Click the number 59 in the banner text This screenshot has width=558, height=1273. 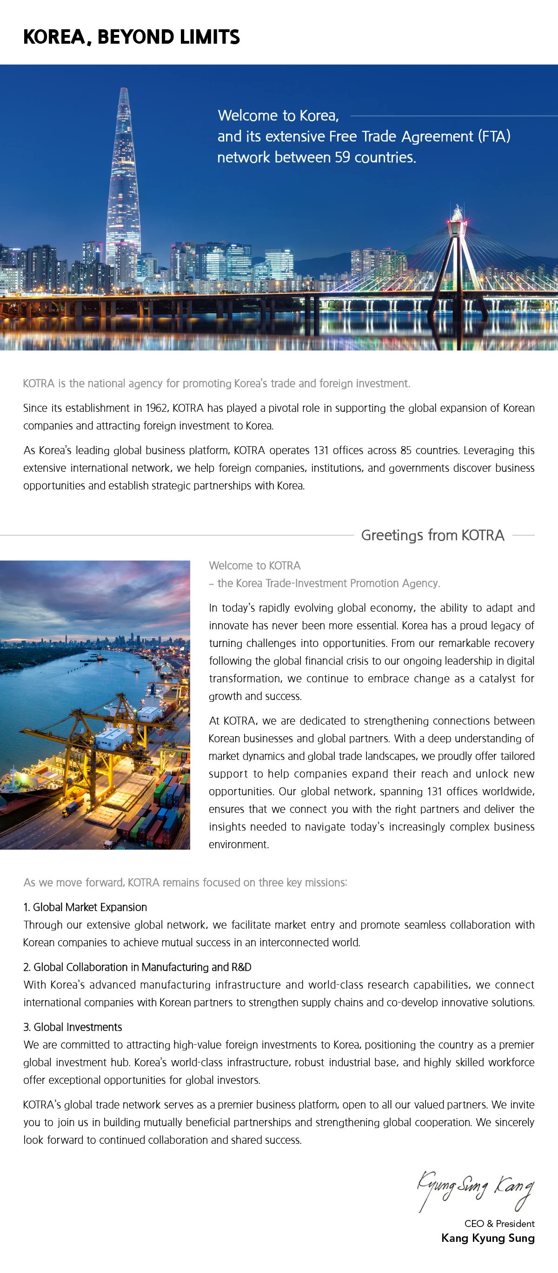(342, 157)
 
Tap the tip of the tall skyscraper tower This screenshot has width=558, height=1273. (124, 89)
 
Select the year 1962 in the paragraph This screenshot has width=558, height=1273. (156, 408)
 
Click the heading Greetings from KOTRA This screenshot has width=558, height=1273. (432, 535)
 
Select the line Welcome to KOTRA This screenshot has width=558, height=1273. (254, 565)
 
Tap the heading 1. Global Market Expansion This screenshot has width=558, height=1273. (85, 907)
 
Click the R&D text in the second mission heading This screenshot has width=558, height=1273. (241, 967)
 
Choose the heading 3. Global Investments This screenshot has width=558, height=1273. (73, 1027)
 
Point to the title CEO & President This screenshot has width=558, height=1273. (499, 1224)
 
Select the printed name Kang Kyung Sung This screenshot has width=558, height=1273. (488, 1238)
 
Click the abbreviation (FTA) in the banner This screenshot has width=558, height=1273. (494, 136)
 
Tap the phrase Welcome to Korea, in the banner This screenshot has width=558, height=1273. (278, 116)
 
